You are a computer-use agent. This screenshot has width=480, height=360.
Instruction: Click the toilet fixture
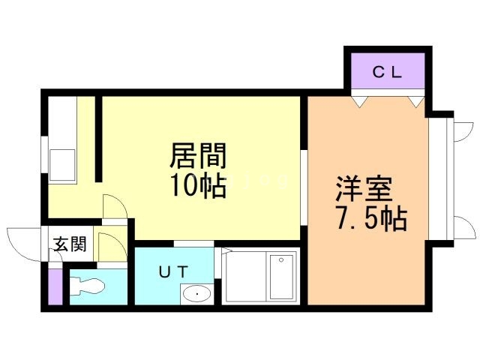[x=88, y=286]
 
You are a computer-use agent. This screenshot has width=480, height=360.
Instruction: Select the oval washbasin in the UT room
[x=197, y=294]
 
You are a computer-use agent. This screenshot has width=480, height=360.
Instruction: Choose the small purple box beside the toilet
[x=55, y=286]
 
